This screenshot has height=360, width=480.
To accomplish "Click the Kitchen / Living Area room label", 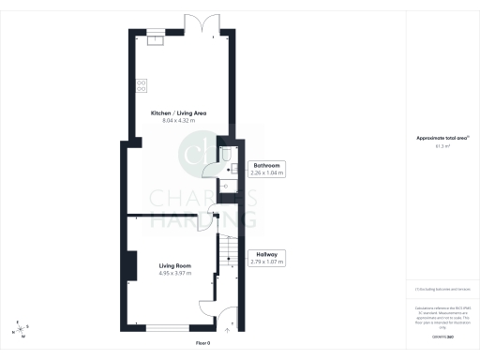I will [x=178, y=113].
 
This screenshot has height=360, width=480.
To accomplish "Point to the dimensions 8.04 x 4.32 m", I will [x=178, y=121].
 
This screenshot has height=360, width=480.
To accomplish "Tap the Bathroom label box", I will [x=268, y=165].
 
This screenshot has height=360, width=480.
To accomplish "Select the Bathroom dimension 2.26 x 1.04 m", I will [x=268, y=172].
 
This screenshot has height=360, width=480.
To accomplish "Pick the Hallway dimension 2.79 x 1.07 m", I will [x=267, y=262].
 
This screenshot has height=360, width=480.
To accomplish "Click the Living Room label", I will [x=176, y=265].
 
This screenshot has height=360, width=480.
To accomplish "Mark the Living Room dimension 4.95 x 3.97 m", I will [x=176, y=273].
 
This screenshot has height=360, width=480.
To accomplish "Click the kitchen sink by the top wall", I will [x=155, y=37].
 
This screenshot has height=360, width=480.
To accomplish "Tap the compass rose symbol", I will [x=21, y=327].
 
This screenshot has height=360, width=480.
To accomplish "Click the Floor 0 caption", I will [x=202, y=343].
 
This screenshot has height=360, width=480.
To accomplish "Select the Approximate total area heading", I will [x=442, y=139].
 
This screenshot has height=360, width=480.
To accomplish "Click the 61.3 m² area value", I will [x=442, y=146].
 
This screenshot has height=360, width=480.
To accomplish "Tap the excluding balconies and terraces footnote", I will [x=442, y=292].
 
